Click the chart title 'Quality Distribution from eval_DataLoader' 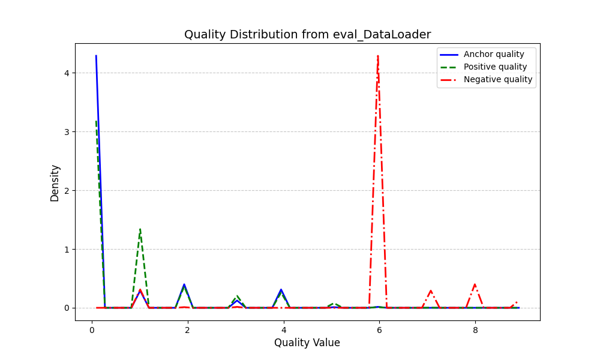307,35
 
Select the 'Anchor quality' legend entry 494,54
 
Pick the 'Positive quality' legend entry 495,67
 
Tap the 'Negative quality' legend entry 497,79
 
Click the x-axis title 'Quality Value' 307,343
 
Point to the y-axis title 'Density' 55,183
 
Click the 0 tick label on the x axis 92,330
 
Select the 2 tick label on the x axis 187,330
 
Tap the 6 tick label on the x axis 379,330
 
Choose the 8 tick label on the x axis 475,330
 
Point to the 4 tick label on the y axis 67,73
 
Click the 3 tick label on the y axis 67,132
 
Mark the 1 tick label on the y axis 67,249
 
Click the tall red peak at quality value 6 378,56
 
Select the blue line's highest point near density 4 96,56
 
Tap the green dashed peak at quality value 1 140,229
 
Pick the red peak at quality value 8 475,284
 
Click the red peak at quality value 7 431,290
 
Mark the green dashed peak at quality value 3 238,296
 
